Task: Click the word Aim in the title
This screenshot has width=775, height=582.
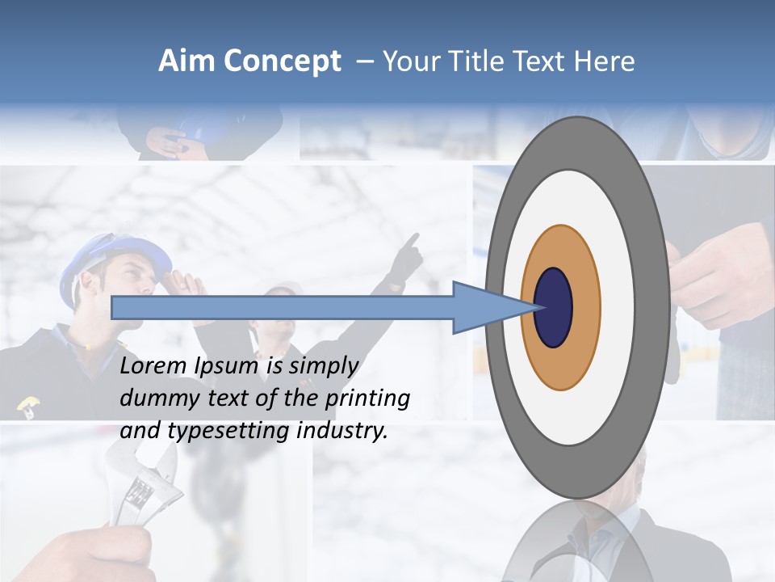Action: pyautogui.click(x=187, y=61)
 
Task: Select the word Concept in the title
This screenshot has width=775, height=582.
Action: pyautogui.click(x=283, y=62)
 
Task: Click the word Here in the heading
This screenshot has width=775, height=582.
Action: pyautogui.click(x=605, y=61)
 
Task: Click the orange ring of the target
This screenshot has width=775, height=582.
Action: pyautogui.click(x=584, y=307)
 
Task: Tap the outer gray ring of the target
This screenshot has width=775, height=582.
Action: pyautogui.click(x=655, y=307)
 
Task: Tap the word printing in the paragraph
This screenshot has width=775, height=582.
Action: pyautogui.click(x=367, y=399)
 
